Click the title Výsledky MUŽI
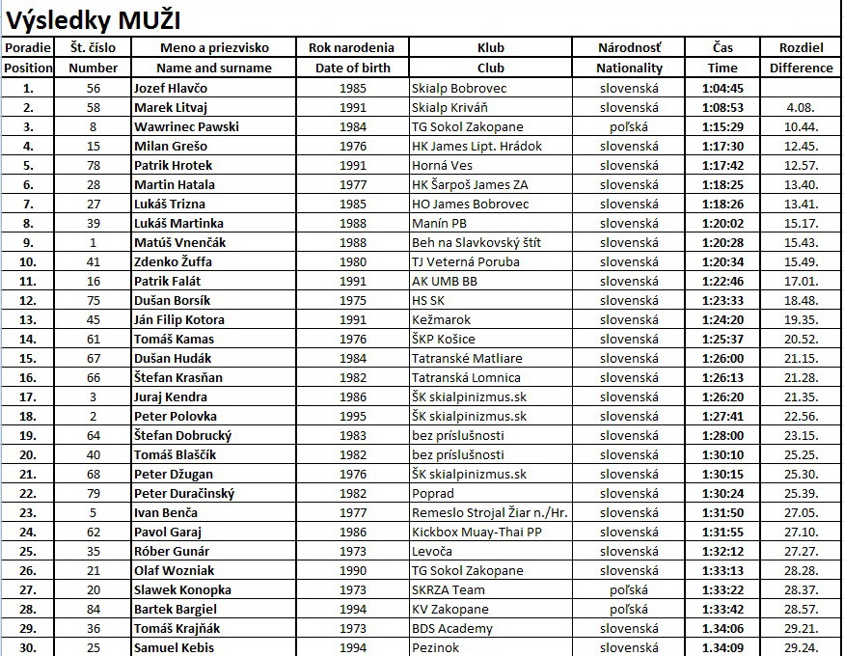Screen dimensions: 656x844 click(94, 20)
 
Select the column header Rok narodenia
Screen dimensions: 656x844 click(352, 47)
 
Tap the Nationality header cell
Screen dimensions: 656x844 click(629, 68)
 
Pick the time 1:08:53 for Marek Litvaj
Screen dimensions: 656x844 click(721, 107)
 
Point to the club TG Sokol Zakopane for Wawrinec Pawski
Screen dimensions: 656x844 click(468, 126)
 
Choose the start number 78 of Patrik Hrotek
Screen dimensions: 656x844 click(94, 165)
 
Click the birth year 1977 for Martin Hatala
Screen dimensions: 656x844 click(353, 184)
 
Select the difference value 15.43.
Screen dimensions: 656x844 click(802, 242)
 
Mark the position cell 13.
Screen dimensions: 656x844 click(28, 319)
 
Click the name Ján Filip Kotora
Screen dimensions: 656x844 click(179, 319)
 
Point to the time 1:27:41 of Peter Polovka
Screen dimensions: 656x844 click(721, 416)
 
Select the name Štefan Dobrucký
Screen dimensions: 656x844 click(182, 435)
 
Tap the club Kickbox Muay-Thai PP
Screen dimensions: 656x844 click(476, 532)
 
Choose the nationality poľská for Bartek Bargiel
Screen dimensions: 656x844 click(629, 609)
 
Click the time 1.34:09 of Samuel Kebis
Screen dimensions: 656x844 click(721, 647)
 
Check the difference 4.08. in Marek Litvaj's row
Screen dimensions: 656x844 click(802, 107)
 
